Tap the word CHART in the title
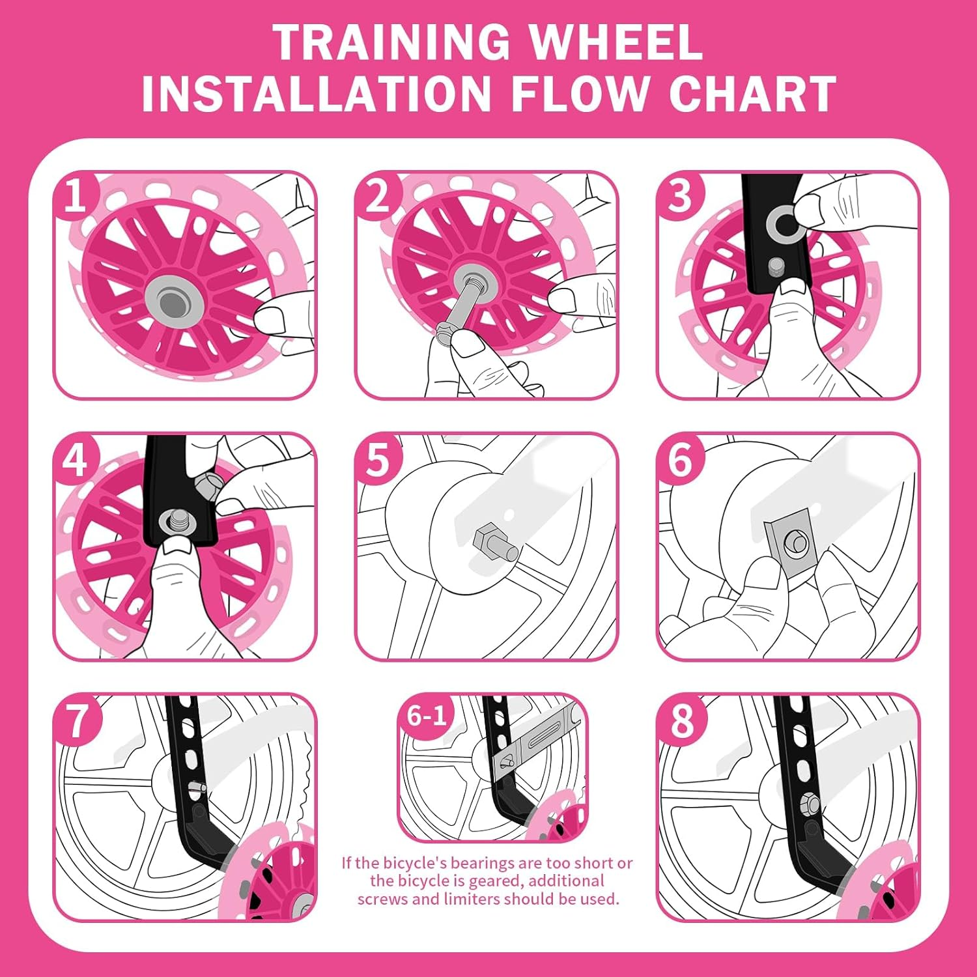(x=752, y=93)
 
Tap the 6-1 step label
(x=427, y=715)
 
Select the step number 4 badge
(x=76, y=460)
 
